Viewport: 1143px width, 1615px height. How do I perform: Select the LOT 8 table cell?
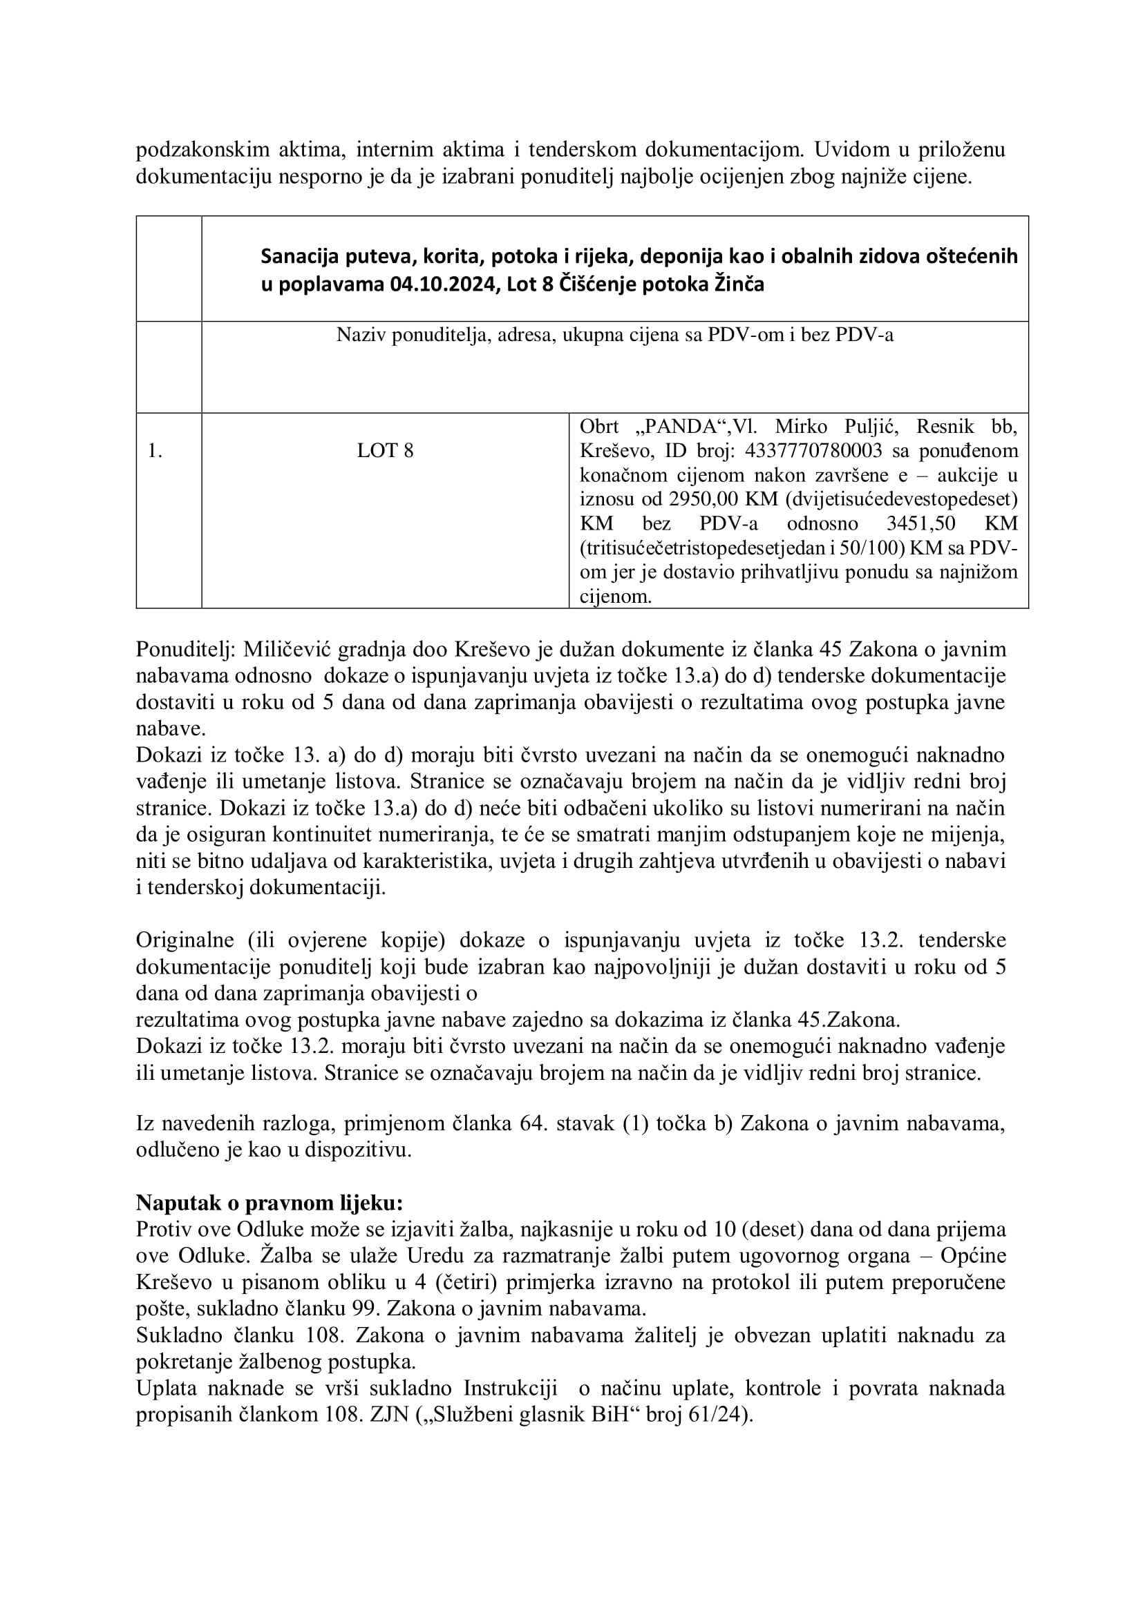click(x=385, y=451)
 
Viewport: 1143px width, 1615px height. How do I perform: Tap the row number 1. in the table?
click(x=155, y=451)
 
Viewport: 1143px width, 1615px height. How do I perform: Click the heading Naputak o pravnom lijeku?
click(x=269, y=1203)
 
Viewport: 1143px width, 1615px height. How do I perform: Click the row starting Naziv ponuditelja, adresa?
click(x=614, y=336)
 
